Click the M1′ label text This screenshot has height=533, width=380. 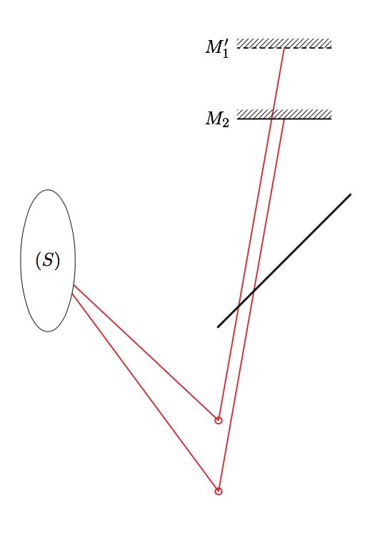216,49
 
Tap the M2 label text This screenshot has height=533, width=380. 216,119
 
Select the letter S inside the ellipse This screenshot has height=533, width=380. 48,261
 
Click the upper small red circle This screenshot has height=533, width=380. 219,420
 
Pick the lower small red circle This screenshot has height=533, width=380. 219,491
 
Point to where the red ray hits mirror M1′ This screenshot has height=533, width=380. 284,48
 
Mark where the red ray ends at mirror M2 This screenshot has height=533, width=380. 284,119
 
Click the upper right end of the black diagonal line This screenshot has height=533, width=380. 351,194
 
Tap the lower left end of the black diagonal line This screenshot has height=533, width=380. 218,327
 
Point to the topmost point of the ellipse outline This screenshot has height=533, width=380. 48,189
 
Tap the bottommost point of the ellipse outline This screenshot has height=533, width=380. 48,332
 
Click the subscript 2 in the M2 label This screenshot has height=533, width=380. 225,122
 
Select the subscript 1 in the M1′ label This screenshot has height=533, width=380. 225,53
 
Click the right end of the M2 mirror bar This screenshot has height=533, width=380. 331,117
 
